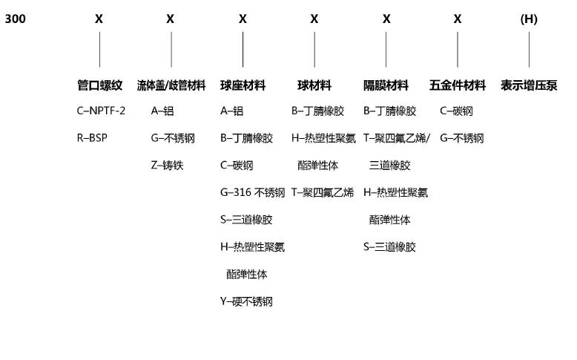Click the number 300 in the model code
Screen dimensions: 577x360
pyautogui.click(x=15, y=19)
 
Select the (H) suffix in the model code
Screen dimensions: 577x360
pyautogui.click(x=529, y=19)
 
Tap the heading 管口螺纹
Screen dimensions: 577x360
pyautogui.click(x=99, y=85)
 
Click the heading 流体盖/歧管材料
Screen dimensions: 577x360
pyautogui.click(x=171, y=85)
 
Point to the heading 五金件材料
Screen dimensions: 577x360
pyautogui.click(x=458, y=85)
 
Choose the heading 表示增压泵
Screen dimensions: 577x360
pyautogui.click(x=529, y=85)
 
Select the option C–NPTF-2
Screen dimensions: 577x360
pyautogui.click(x=101, y=111)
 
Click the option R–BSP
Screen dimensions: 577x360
pyautogui.click(x=92, y=138)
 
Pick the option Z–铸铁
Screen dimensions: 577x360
pyautogui.click(x=167, y=165)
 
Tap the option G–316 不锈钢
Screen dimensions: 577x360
pyautogui.click(x=252, y=192)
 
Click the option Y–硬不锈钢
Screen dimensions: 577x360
pyautogui.click(x=246, y=302)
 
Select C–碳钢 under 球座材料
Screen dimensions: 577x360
pyautogui.click(x=237, y=165)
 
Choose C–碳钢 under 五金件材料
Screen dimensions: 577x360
pyautogui.click(x=456, y=111)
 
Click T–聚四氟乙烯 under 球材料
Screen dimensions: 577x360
pyautogui.click(x=323, y=192)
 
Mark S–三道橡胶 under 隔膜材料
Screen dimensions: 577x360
pyautogui.click(x=389, y=247)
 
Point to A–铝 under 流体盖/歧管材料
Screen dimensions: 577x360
pyautogui.click(x=162, y=111)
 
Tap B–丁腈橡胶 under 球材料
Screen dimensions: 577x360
pyautogui.click(x=317, y=111)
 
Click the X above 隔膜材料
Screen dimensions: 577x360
pyautogui.click(x=386, y=19)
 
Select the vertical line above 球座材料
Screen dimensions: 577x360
pyautogui.click(x=243, y=50)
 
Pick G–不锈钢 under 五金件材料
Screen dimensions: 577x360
pyautogui.click(x=462, y=138)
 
